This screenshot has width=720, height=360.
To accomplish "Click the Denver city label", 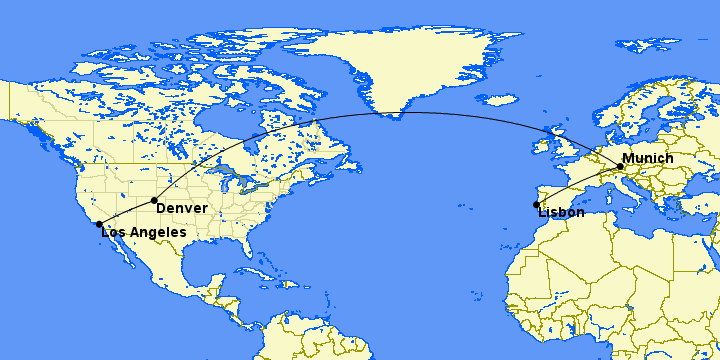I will pyautogui.click(x=182, y=208).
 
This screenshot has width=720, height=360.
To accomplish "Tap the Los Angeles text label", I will pyautogui.click(x=144, y=232).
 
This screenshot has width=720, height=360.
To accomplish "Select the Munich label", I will pyautogui.click(x=647, y=159).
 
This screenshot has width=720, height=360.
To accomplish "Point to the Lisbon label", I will pyautogui.click(x=561, y=212).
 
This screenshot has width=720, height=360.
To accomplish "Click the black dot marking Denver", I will pyautogui.click(x=154, y=201).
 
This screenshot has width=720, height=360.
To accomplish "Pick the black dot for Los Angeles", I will pyautogui.click(x=99, y=224).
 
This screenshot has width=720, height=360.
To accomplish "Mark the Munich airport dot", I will pyautogui.click(x=620, y=167).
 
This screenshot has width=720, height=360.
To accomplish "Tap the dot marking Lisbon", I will pyautogui.click(x=537, y=205).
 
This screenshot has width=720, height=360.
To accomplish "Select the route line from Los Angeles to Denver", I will pyautogui.click(x=127, y=212).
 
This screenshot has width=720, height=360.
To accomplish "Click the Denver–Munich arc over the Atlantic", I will pyautogui.click(x=400, y=113).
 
